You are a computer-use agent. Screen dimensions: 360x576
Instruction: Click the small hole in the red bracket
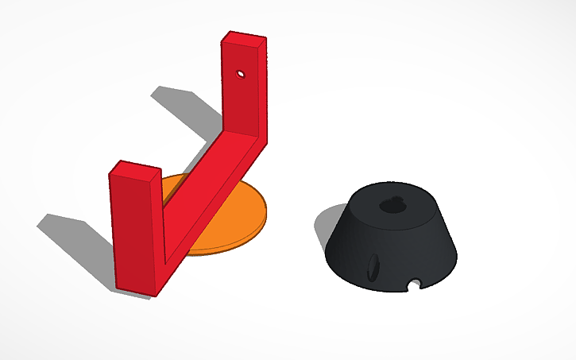(x=239, y=75)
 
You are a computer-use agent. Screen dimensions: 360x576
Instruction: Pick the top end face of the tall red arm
(x=245, y=40)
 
